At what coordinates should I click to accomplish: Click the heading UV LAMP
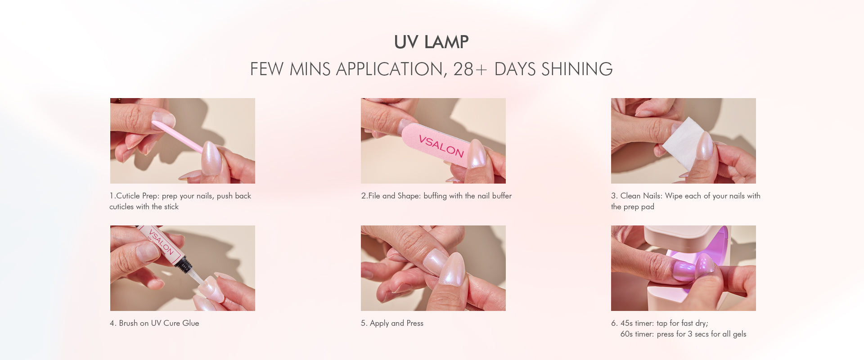pyautogui.click(x=431, y=42)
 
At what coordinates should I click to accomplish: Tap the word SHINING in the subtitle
pyautogui.click(x=577, y=69)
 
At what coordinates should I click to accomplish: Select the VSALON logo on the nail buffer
pyautogui.click(x=441, y=146)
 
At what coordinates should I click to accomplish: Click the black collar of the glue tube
pyautogui.click(x=184, y=264)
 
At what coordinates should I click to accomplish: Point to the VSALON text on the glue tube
pyautogui.click(x=161, y=242)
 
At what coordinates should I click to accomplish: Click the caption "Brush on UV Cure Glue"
pyautogui.click(x=159, y=323)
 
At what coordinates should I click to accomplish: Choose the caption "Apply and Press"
pyautogui.click(x=396, y=323)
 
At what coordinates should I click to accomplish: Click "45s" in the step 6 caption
pyautogui.click(x=626, y=323)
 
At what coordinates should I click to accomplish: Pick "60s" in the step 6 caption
pyautogui.click(x=626, y=334)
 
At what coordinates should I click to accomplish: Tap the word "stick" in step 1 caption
pyautogui.click(x=171, y=207)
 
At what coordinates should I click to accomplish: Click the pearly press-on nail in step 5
pyautogui.click(x=453, y=270)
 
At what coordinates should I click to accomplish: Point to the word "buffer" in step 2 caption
pyautogui.click(x=501, y=196)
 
